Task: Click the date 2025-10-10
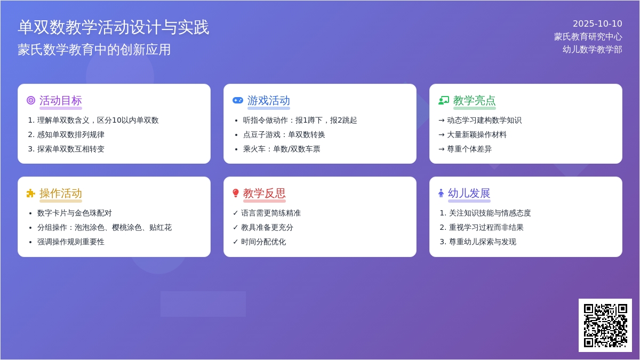coord(597,23)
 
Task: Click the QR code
coord(605,325)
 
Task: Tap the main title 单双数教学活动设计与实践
coord(114,27)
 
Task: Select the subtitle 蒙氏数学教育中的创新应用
coord(94,50)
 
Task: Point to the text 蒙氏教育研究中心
coord(588,37)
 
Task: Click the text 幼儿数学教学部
coord(593,50)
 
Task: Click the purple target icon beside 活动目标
coord(31,101)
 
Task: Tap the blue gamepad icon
coord(238,101)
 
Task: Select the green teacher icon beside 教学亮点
coord(444,101)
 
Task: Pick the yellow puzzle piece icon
coord(31,194)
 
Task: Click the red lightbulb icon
coord(236,193)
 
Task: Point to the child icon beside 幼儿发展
coord(441,193)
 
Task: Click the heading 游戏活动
coord(269,101)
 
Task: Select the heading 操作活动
coord(61,194)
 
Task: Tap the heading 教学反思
coord(265,194)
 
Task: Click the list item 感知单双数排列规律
coord(70,134)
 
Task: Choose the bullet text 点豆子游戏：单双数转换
coord(284,134)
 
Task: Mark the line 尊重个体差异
coord(469,149)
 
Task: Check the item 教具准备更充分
coord(267,227)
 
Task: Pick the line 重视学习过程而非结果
coord(486,227)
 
